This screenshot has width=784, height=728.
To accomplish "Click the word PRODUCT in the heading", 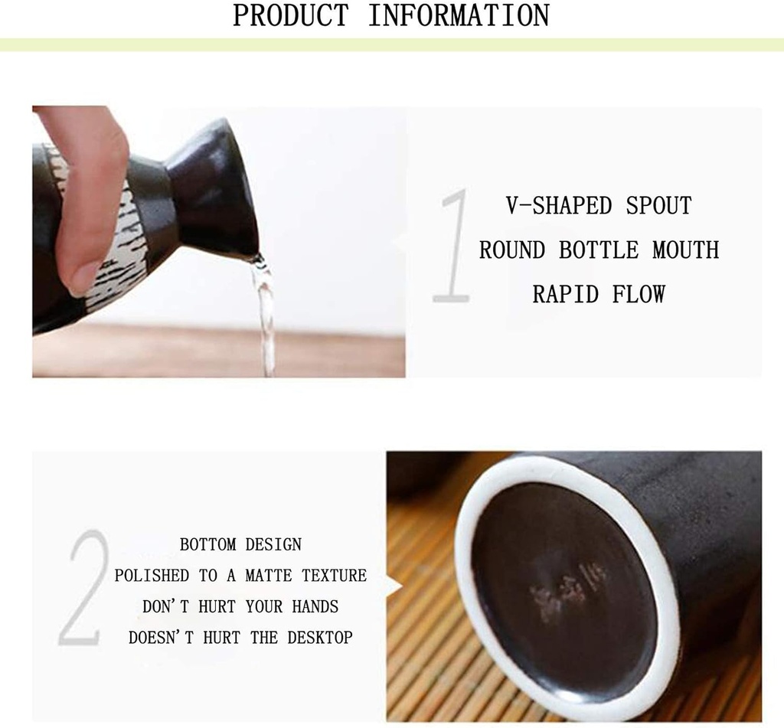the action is (x=290, y=15).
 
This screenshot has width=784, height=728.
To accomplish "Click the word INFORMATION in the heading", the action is (x=459, y=15).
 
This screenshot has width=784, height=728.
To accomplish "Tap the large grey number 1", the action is (x=452, y=245).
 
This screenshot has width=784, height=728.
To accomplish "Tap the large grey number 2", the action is (x=83, y=588).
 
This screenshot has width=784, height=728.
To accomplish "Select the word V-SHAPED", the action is (x=559, y=205).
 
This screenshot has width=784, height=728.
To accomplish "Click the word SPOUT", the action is (x=659, y=205).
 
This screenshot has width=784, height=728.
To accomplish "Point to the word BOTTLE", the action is (x=599, y=250).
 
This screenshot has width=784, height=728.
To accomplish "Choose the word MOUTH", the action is (x=686, y=250).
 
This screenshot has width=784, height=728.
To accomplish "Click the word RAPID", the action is (x=566, y=294).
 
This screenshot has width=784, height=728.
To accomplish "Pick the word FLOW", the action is (x=639, y=294).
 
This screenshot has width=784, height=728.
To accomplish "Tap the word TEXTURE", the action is (x=334, y=576).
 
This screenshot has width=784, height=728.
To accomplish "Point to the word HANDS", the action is (x=315, y=606).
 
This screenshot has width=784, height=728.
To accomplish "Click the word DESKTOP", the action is (x=320, y=638).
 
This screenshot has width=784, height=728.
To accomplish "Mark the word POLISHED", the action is (x=152, y=576).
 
